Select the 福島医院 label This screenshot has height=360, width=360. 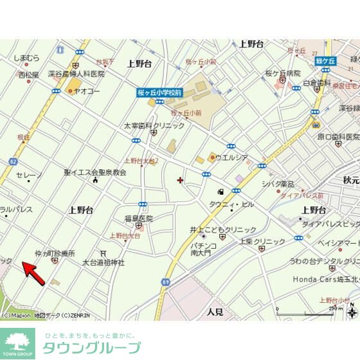pos(138,218)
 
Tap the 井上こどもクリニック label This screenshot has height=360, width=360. pos(222,230)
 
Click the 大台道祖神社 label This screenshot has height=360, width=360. pos(103,262)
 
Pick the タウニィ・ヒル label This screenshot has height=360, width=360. pos(231,204)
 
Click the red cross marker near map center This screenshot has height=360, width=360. pos(179,179)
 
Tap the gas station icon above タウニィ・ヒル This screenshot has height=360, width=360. pos(221,191)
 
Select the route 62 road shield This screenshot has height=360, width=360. pos(14,161)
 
